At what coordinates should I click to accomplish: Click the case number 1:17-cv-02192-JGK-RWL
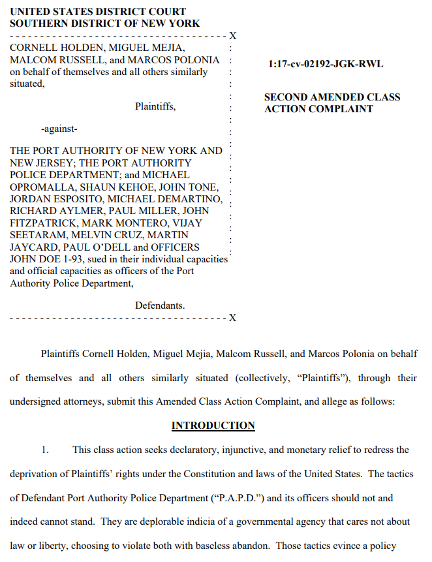coord(326,64)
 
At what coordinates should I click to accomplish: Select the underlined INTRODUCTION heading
coord(213,426)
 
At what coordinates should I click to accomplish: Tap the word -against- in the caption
coord(59,128)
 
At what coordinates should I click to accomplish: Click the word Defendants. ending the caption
coord(160,305)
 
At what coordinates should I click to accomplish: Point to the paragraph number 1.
coord(45,450)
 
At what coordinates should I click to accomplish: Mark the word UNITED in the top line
coord(30,12)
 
